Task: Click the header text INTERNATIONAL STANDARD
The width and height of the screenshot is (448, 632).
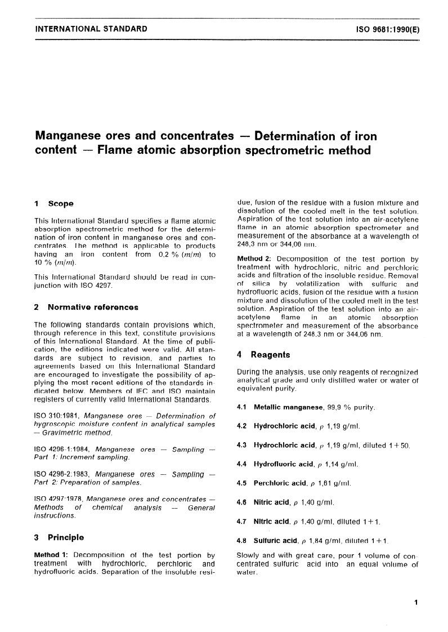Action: [x=91, y=28]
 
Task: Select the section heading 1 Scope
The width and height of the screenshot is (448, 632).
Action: [x=54, y=203]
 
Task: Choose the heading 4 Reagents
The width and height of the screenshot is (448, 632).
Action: [x=262, y=355]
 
